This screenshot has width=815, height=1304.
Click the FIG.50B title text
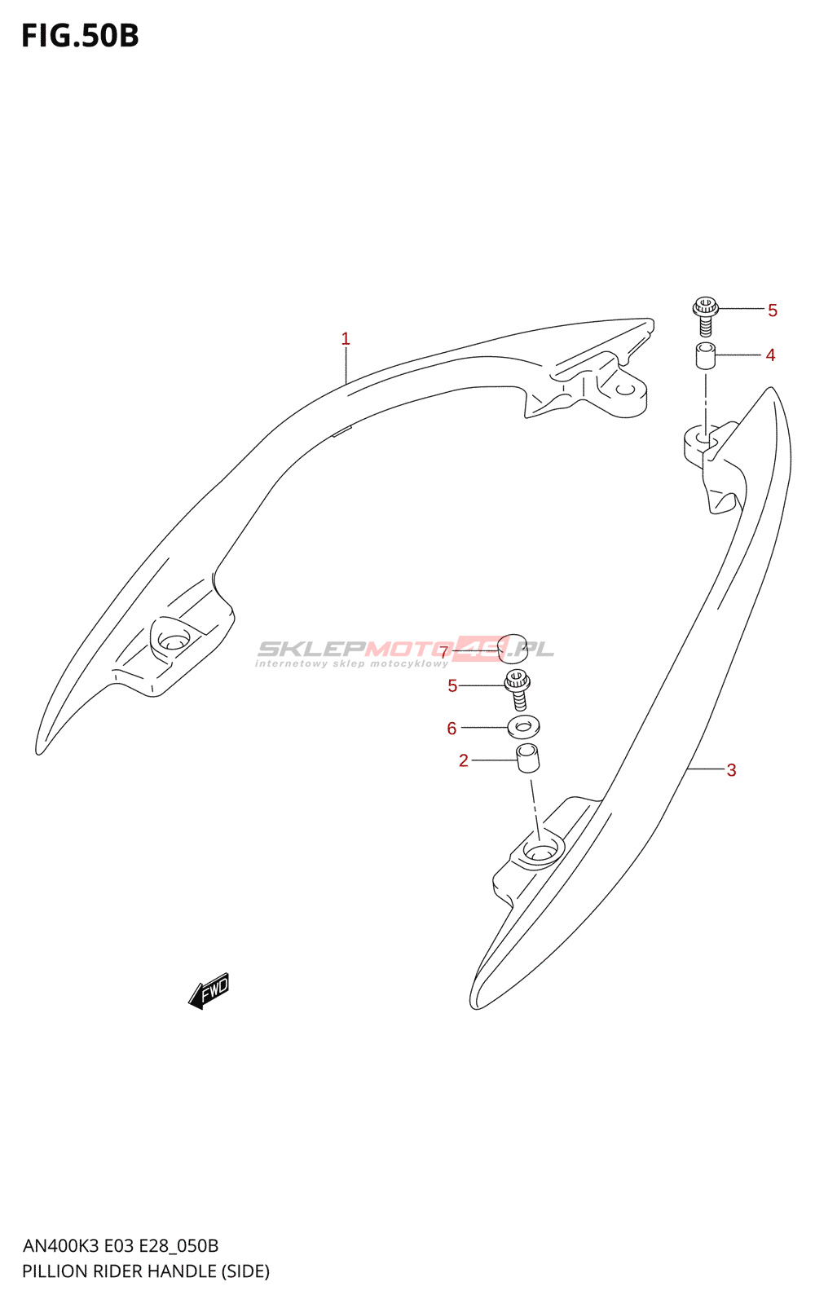pos(80,37)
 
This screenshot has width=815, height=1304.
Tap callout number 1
pos(346,338)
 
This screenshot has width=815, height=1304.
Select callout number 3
pos(731,770)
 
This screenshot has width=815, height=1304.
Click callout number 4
pos(770,355)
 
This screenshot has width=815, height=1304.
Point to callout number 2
pos(464,761)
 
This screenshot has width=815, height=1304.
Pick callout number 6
pos(452,729)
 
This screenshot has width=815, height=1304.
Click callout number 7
pos(444,652)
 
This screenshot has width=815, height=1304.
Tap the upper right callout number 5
pos(773,311)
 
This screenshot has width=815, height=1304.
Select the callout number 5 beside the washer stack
pos(452,686)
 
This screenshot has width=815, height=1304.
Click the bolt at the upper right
pos(705,316)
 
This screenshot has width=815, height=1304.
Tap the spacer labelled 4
pos(705,356)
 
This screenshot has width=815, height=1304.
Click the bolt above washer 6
pos(518,689)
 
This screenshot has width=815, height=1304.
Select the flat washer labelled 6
pos(523,725)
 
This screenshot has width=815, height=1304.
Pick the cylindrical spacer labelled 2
pos(528,758)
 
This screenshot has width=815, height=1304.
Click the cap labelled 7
pos(513,645)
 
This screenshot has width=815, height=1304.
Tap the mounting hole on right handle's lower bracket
pos(538,852)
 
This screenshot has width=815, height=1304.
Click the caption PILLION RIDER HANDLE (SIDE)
pos(146,1271)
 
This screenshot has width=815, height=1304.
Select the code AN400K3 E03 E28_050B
pos(121,1246)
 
